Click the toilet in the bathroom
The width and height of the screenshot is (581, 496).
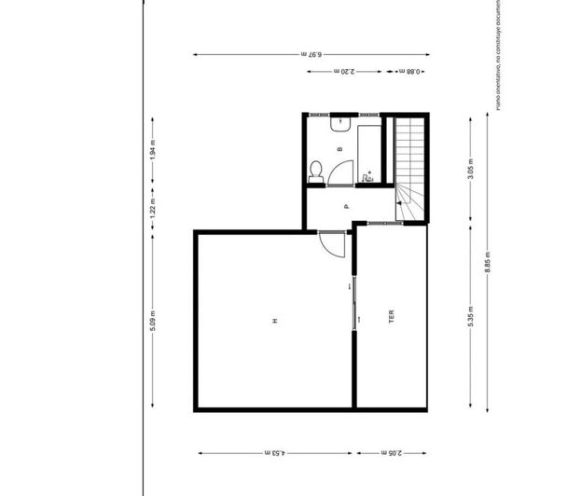[316, 170]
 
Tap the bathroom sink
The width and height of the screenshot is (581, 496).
[339, 121]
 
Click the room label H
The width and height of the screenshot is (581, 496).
[274, 321]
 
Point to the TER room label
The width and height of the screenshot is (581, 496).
[392, 319]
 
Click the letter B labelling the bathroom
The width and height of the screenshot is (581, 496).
[340, 148]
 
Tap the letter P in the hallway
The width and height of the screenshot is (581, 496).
[345, 206]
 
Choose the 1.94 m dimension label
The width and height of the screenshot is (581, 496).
[153, 151]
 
